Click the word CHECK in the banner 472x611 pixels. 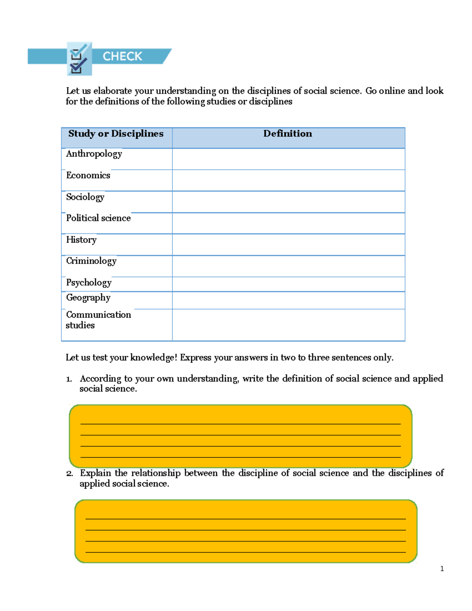tap(122, 56)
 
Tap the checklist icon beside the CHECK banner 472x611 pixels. tap(79, 59)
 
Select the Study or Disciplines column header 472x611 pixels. tap(116, 134)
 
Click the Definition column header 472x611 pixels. tap(288, 134)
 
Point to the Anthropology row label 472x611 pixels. tap(94, 154)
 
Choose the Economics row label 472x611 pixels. tap(88, 175)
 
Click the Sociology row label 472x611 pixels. tap(85, 197)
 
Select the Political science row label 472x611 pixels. tap(98, 218)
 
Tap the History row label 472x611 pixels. tap(81, 240)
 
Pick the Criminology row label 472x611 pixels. tap(91, 261)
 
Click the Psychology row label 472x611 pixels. tap(88, 282)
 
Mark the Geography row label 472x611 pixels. tap(88, 298)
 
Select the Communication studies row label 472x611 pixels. tap(98, 320)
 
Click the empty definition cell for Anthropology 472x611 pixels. tap(288, 159)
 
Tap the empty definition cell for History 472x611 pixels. tap(288, 245)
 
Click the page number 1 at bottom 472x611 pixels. tap(442, 569)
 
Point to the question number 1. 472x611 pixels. tap(69, 379)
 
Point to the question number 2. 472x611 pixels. tap(69, 474)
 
